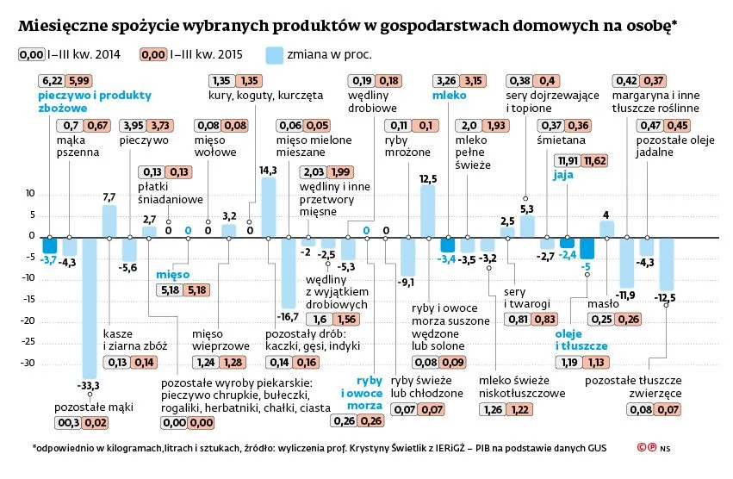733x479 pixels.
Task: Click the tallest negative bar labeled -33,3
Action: [x=90, y=305]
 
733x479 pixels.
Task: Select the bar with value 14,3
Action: [x=268, y=207]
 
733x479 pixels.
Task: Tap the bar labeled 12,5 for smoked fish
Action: [x=427, y=211]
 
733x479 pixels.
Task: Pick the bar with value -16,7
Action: [x=288, y=271]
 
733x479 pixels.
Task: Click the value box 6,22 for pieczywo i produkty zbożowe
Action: [x=50, y=81]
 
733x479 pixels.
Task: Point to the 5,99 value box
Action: [x=78, y=81]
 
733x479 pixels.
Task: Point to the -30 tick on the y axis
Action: [x=27, y=363]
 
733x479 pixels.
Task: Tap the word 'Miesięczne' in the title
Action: [x=63, y=26]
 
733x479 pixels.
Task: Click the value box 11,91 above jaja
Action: [x=568, y=160]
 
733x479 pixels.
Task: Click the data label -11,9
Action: [x=626, y=295]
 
